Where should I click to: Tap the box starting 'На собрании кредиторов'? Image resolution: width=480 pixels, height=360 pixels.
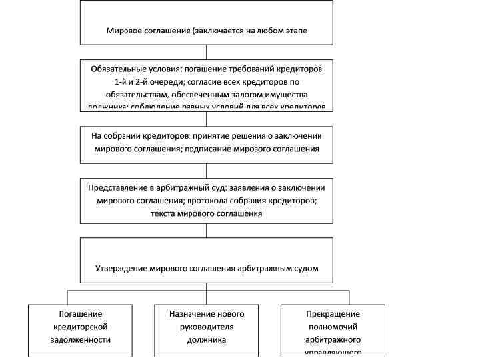pyautogui.click(x=207, y=144)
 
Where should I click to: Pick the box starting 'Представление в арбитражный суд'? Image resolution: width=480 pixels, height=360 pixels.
pyautogui.click(x=207, y=199)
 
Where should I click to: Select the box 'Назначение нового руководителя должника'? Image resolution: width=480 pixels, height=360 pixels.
pyautogui.click(x=207, y=329)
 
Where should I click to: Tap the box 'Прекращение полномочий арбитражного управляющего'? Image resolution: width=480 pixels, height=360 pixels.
pyautogui.click(x=333, y=329)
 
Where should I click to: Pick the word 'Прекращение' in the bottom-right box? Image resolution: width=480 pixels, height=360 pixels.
pyautogui.click(x=333, y=314)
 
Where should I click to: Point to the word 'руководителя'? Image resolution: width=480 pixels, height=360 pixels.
pyautogui.click(x=207, y=327)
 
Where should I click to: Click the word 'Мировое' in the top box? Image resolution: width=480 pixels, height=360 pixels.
pyautogui.click(x=123, y=31)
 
